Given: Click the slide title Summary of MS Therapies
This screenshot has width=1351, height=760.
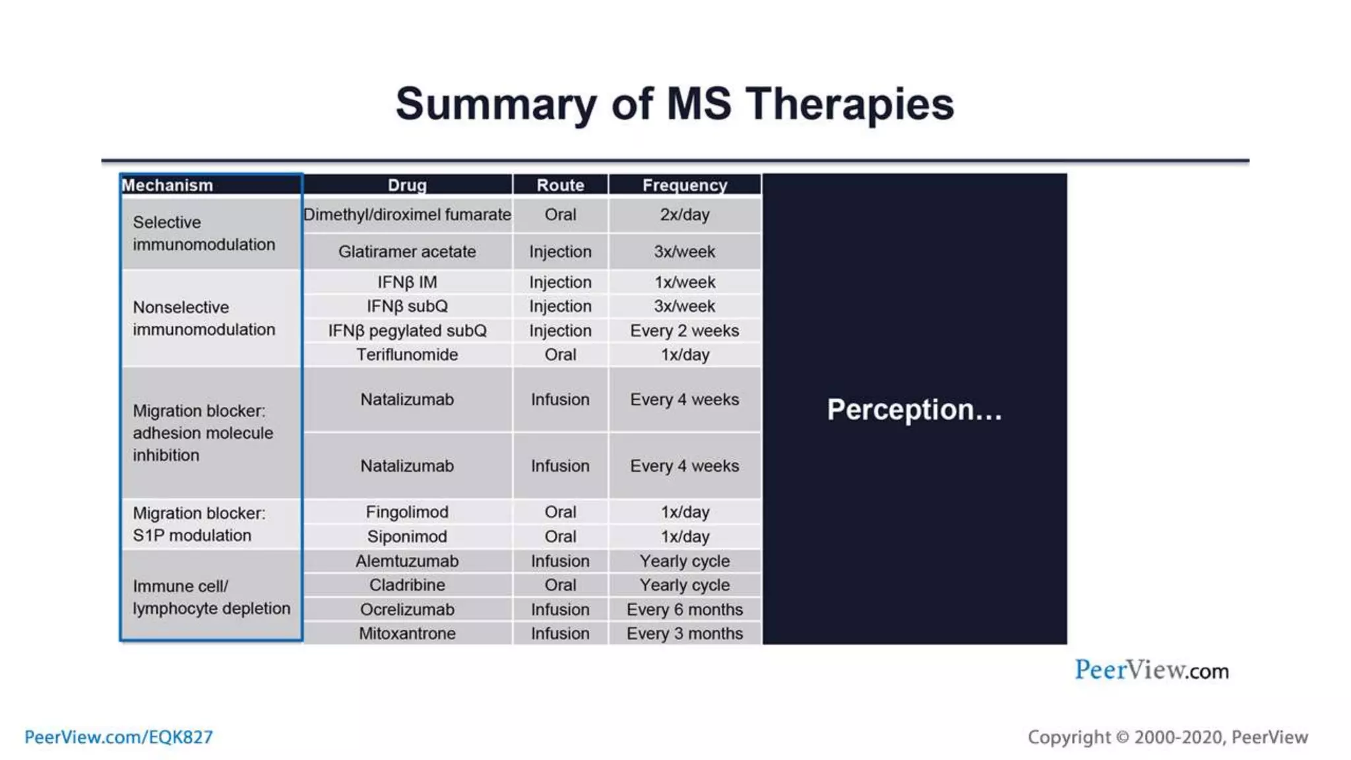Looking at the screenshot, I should (674, 104).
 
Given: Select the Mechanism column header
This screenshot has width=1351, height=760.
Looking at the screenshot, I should (168, 185).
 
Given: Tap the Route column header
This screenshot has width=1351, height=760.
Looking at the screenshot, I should (560, 185).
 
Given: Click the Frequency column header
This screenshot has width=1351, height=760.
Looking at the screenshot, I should (685, 185).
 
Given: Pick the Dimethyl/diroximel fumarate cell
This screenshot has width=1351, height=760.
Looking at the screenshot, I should (407, 215).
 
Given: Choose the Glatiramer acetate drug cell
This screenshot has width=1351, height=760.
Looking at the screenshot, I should (407, 252).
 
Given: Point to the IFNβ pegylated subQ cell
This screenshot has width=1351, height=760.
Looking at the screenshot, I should (407, 331).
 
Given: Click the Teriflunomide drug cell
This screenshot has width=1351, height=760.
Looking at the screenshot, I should (407, 355).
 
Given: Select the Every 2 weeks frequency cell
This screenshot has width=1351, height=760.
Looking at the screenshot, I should (685, 331).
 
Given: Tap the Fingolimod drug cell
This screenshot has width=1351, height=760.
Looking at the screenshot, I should (407, 512).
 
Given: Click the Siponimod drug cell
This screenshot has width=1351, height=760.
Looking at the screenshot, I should (407, 536).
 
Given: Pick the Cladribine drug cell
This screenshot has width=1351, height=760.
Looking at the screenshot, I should (407, 585).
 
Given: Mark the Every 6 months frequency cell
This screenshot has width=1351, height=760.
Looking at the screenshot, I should (685, 610).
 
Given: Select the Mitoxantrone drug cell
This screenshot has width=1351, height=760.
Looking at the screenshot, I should (407, 634).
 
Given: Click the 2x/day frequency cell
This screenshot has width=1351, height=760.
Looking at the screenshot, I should (685, 215).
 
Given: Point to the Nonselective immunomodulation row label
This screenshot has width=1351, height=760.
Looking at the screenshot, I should (204, 319).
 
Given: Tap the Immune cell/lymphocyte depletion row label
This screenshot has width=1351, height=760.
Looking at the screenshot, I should (211, 598).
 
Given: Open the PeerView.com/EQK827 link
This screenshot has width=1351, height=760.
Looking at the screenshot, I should (119, 737).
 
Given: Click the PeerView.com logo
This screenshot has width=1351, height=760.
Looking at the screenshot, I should (1152, 670).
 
